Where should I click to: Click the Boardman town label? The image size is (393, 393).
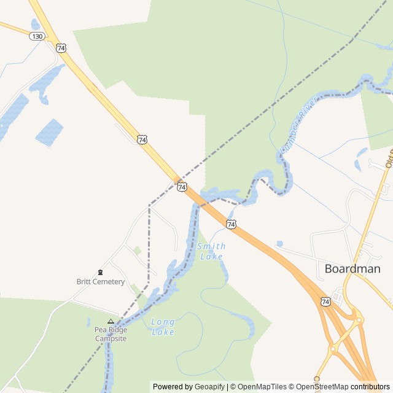click(x=352, y=268)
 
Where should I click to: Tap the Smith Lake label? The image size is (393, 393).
click(x=211, y=251)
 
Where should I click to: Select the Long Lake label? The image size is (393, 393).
click(x=163, y=327)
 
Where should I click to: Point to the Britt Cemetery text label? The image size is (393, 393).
click(x=100, y=282)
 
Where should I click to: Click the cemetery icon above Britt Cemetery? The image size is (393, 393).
click(x=100, y=272)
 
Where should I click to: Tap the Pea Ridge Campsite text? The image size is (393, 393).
click(x=111, y=334)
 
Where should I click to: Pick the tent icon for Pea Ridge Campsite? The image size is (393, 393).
click(x=111, y=321)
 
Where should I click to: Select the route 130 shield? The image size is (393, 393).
click(x=37, y=36)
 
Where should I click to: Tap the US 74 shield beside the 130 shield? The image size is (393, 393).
click(x=60, y=47)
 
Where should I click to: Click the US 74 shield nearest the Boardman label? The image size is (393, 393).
click(x=325, y=301)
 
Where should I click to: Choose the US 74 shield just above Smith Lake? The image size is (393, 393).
click(x=230, y=225)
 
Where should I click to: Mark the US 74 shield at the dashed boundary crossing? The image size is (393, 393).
click(x=182, y=187)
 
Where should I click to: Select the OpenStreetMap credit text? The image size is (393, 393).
click(x=322, y=387)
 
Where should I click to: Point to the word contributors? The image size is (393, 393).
click(x=370, y=387)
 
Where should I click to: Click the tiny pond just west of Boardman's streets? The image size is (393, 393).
click(x=279, y=244)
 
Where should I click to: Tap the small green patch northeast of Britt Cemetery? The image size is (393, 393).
click(x=138, y=250)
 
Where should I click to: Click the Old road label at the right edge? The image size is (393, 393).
click(x=389, y=158)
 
